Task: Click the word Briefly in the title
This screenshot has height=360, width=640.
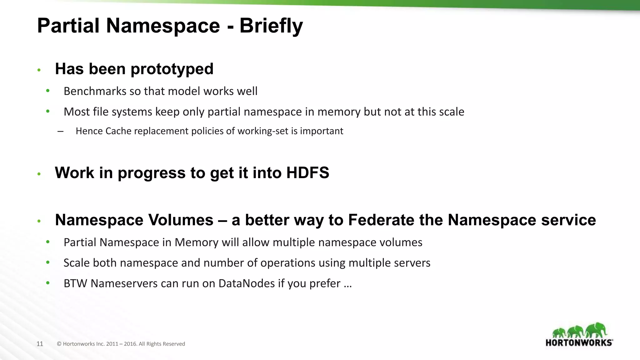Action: pyautogui.click(x=271, y=26)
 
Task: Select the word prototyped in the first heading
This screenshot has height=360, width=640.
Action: pyautogui.click(x=172, y=69)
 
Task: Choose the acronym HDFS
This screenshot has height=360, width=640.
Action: pyautogui.click(x=307, y=173)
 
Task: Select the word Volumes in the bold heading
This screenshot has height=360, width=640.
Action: pyautogui.click(x=181, y=220)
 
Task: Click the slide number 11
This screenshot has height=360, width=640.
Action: pyautogui.click(x=40, y=344)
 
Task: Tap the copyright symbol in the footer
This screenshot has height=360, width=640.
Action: pyautogui.click(x=59, y=344)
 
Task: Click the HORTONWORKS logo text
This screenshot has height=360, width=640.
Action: pyautogui.click(x=579, y=343)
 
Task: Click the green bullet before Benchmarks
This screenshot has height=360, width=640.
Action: pyautogui.click(x=48, y=91)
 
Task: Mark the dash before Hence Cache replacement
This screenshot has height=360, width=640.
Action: pyautogui.click(x=61, y=131)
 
